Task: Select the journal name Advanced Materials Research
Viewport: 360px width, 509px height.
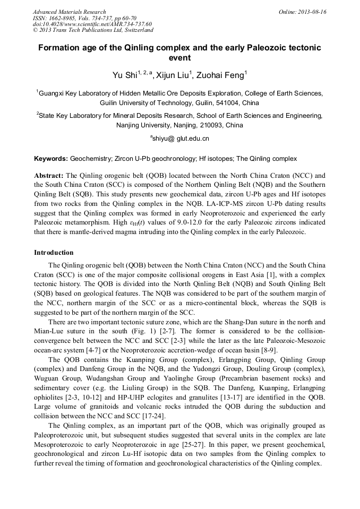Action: [x=69, y=12]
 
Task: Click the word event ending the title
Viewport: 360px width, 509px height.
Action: [x=179, y=58]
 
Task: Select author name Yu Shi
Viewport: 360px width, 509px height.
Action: [x=124, y=76]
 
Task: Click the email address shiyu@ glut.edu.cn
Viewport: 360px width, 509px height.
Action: [x=180, y=139]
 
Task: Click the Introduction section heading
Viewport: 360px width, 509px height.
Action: [x=54, y=252]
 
